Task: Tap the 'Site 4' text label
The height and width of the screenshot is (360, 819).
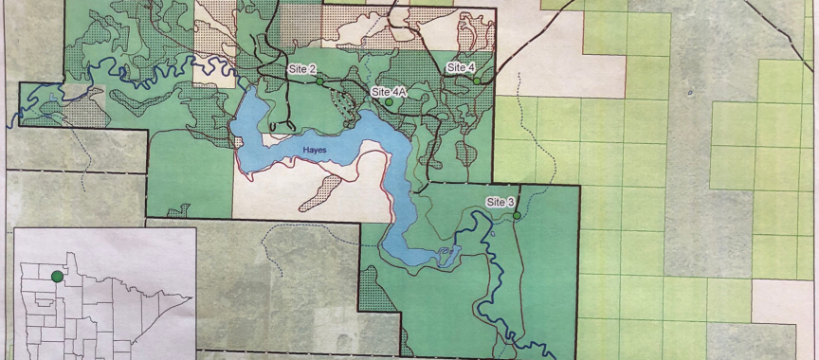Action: (x=461, y=67)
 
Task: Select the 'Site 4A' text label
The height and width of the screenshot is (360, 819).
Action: (x=389, y=92)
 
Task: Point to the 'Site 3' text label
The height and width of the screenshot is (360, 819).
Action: (x=500, y=203)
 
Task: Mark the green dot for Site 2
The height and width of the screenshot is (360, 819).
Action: (x=319, y=82)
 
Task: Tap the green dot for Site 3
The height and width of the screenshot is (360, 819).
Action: (x=517, y=216)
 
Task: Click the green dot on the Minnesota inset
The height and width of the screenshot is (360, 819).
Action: (x=58, y=276)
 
